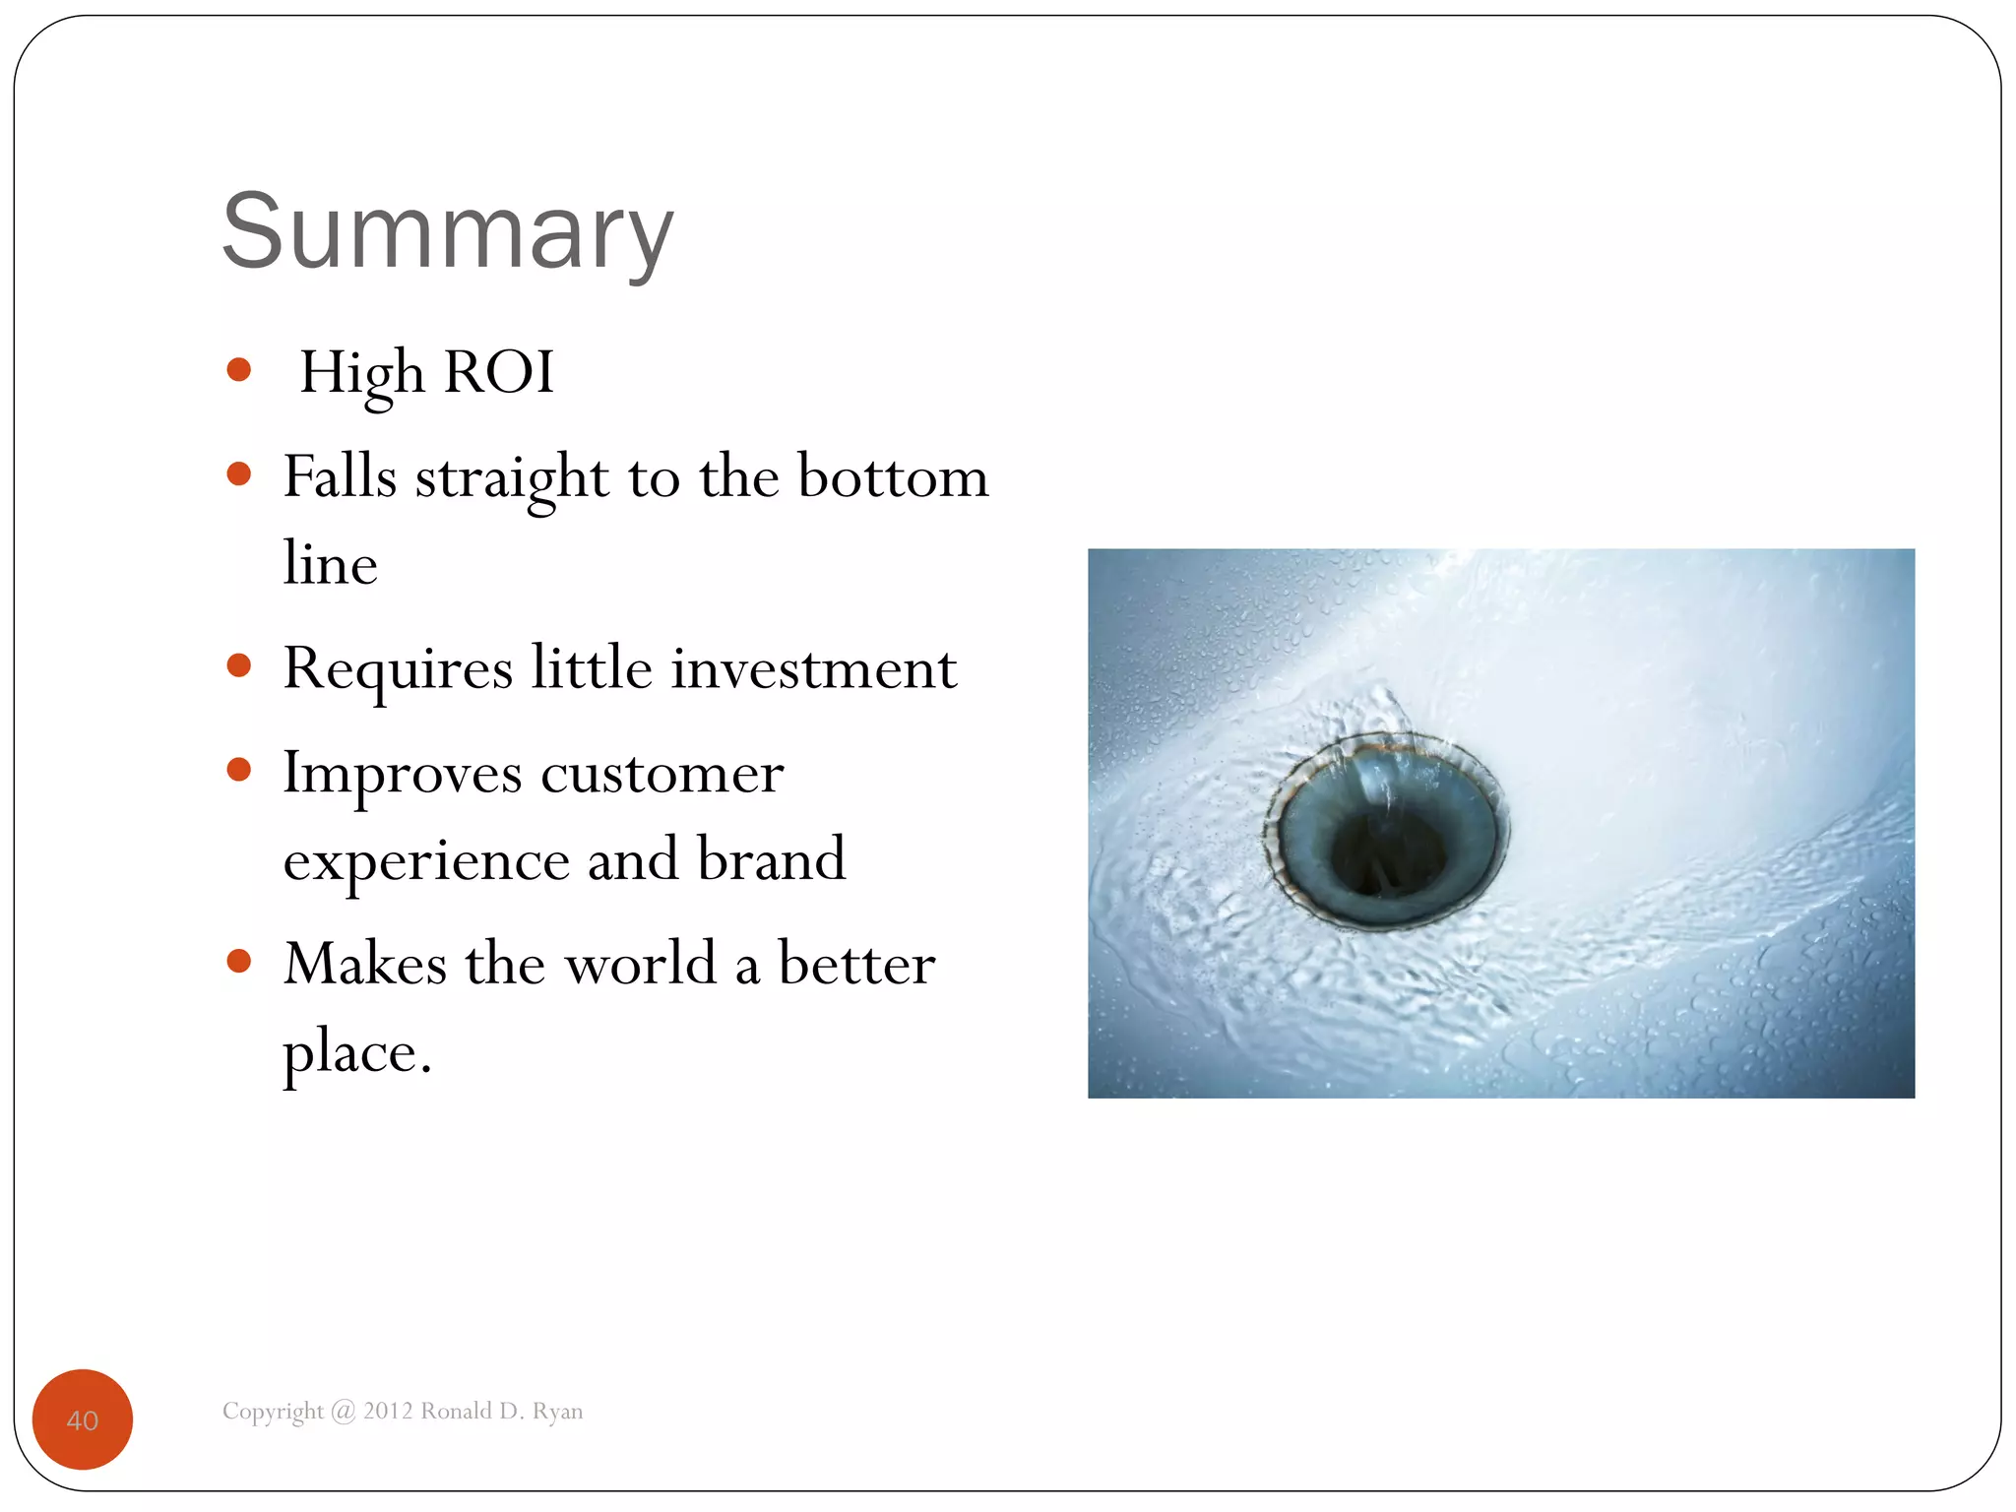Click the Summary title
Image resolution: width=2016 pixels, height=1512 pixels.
click(448, 232)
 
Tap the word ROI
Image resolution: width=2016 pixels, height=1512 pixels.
click(499, 372)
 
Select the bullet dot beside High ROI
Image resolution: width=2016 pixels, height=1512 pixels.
click(238, 370)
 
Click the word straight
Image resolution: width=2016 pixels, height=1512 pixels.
click(511, 479)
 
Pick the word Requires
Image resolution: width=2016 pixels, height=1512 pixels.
click(398, 669)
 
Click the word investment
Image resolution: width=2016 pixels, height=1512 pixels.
click(814, 669)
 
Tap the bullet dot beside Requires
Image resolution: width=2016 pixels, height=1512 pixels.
click(238, 665)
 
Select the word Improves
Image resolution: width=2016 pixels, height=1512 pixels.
click(402, 775)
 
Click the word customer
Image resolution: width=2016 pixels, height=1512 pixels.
click(661, 774)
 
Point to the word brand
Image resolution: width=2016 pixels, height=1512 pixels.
click(771, 859)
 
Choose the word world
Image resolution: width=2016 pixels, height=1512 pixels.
click(640, 964)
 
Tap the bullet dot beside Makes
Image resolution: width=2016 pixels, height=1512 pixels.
click(238, 961)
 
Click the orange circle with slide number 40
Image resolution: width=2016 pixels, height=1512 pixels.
click(83, 1419)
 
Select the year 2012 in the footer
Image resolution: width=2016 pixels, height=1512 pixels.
click(388, 1412)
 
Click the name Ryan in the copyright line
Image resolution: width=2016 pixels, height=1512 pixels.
click(557, 1412)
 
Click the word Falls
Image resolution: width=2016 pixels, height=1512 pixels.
click(340, 477)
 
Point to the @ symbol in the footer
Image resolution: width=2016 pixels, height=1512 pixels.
click(343, 1412)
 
